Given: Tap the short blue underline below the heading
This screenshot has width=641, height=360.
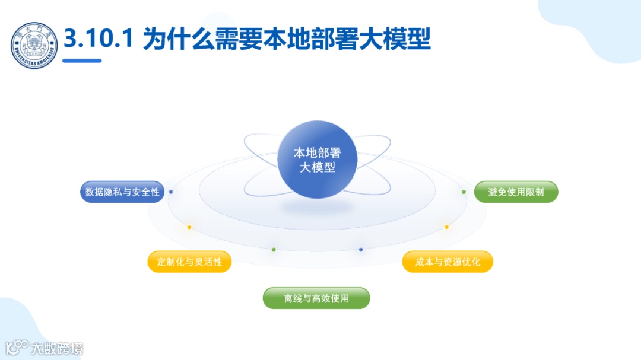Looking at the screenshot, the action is click(82, 60).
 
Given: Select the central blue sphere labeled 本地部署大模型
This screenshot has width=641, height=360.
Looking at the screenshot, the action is click(317, 160).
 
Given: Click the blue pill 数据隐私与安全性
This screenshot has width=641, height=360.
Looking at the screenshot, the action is click(122, 192).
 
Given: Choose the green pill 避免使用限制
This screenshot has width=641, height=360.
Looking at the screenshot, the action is click(516, 192).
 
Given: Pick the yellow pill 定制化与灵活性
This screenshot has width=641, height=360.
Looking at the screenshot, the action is click(189, 262).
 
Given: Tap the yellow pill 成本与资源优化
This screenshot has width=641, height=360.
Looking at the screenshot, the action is click(448, 262).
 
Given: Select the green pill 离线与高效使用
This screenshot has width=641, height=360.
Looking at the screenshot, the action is click(316, 298).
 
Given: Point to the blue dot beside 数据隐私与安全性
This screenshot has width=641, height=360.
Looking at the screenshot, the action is click(171, 192).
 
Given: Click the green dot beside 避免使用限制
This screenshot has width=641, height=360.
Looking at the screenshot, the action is click(464, 192).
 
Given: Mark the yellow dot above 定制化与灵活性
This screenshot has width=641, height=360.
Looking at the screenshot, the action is click(189, 227).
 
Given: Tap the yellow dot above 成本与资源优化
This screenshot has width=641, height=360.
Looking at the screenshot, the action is click(447, 227).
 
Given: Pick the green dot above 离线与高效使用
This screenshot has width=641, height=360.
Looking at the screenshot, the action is click(274, 250).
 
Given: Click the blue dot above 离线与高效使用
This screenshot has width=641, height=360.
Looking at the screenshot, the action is click(361, 250).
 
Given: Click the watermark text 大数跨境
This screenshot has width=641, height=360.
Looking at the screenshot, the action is click(58, 348).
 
